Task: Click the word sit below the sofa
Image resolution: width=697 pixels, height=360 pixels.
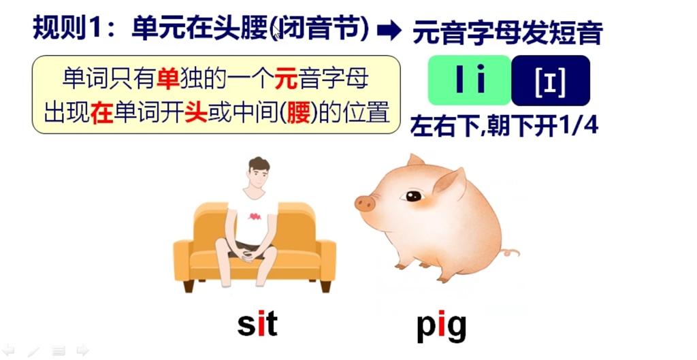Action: [257, 325]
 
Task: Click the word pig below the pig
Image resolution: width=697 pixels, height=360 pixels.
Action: [441, 326]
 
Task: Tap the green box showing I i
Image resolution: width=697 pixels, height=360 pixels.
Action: [468, 80]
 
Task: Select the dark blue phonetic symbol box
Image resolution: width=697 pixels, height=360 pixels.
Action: [550, 80]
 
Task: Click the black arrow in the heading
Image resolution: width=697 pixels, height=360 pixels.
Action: [390, 30]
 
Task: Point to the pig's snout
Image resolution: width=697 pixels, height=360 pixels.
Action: [365, 202]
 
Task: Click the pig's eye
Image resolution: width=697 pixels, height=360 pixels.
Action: [412, 197]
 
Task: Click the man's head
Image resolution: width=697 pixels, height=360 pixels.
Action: [258, 174]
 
